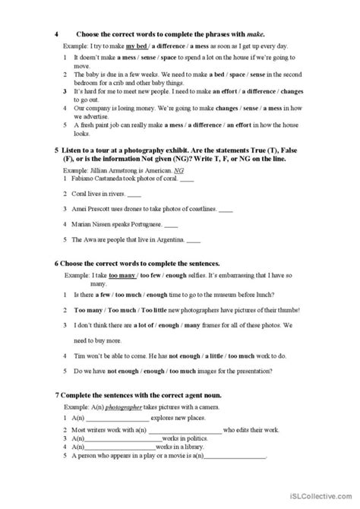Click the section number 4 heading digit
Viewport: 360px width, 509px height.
pyautogui.click(x=58, y=34)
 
